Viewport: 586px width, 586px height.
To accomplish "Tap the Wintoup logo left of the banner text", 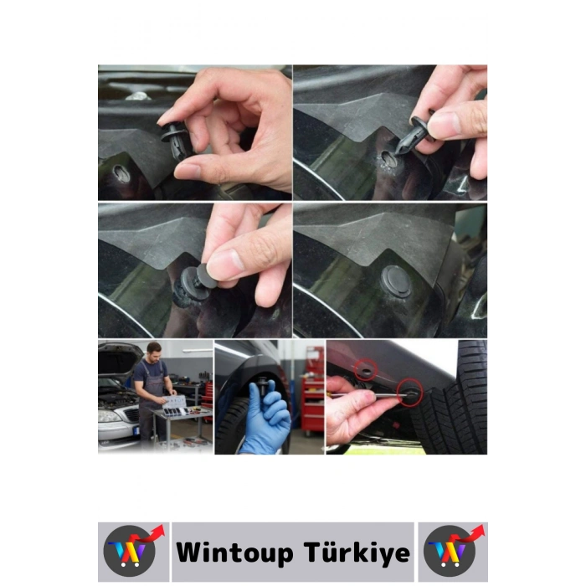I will (x=132, y=552).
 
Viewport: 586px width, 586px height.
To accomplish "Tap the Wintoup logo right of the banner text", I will (x=453, y=552).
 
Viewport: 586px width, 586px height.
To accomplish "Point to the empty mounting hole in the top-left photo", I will (x=119, y=175).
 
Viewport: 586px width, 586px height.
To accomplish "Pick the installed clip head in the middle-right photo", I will (x=396, y=281).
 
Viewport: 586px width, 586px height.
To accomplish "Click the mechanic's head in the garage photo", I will (x=153, y=349).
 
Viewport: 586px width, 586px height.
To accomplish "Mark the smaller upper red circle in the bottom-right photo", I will (x=365, y=368).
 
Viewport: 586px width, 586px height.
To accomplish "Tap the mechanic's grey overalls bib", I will (x=152, y=377).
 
